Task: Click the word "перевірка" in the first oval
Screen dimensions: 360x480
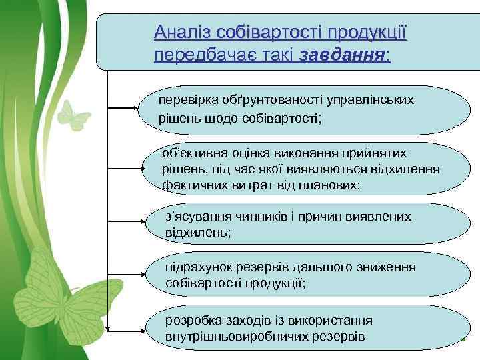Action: pos(185,100)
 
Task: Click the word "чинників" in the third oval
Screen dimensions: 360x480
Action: pos(253,217)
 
